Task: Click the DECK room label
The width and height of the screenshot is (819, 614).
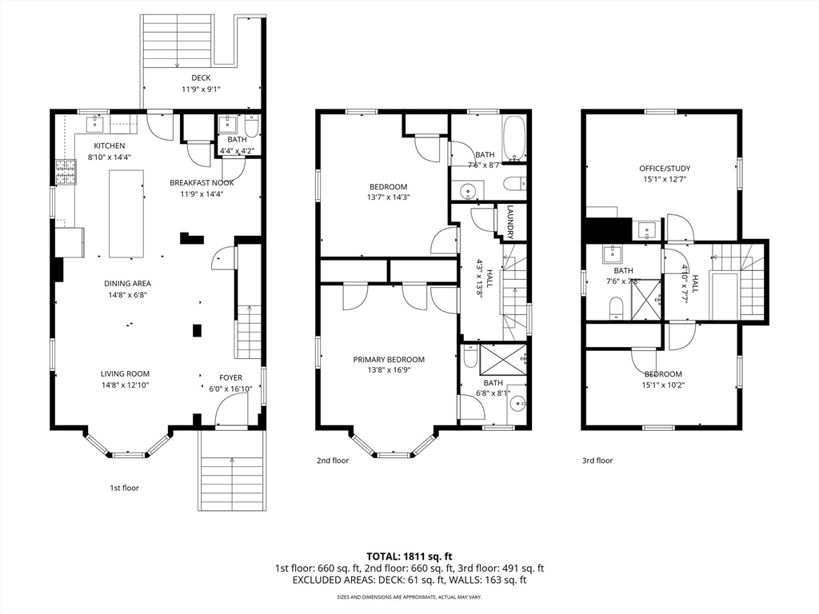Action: [201, 78]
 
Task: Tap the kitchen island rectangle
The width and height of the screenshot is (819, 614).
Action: [126, 213]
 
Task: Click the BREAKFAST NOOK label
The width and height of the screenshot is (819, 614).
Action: [202, 182]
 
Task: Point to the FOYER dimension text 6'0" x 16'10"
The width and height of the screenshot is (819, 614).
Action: [231, 389]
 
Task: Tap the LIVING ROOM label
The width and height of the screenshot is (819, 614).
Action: [126, 373]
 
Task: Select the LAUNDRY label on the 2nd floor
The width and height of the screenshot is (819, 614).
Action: [509, 223]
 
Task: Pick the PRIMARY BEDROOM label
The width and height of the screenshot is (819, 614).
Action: [389, 360]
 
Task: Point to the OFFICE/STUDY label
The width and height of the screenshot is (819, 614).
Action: [664, 169]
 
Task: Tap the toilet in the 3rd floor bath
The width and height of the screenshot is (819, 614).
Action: [616, 309]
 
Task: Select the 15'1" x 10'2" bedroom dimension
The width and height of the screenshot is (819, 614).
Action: [663, 385]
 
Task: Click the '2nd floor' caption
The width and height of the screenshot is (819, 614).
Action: [333, 460]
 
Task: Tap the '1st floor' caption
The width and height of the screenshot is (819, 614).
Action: [124, 487]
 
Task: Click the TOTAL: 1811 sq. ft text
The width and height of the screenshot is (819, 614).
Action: [409, 556]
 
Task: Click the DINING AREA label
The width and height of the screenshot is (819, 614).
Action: [127, 283]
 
